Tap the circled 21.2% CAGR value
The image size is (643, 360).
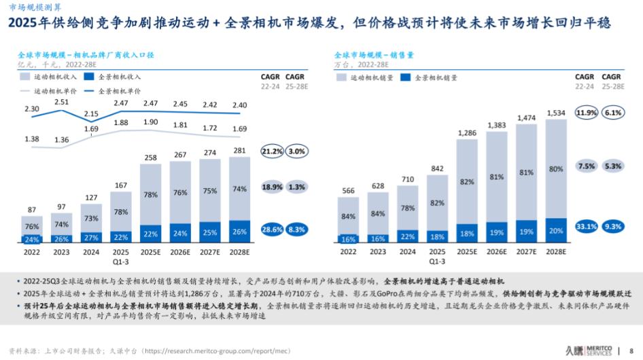272,151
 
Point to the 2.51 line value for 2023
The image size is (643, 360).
62,103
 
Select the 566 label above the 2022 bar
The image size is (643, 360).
349,191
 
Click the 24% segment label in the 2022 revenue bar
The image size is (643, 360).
31,239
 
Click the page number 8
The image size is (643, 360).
631,350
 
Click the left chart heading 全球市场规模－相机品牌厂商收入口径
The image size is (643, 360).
86,54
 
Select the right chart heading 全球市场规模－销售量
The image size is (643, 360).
375,54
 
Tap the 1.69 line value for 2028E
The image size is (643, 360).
240,129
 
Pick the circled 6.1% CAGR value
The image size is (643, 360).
613,112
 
